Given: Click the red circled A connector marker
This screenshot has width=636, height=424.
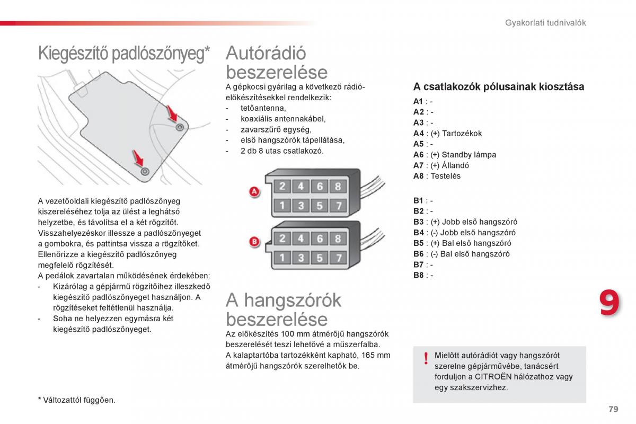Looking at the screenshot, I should [254, 192].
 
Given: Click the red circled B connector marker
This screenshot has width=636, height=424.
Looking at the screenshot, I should [254, 242].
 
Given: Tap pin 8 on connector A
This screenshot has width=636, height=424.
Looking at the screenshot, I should [338, 186].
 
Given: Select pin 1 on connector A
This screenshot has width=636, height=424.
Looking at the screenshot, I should [282, 205].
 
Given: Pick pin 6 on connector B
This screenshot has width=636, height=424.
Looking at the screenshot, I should [320, 238].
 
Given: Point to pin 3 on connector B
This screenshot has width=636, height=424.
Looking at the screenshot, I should [301, 258].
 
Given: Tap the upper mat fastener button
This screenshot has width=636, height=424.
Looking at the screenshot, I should [180, 127].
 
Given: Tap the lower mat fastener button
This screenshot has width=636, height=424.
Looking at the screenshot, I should [145, 171].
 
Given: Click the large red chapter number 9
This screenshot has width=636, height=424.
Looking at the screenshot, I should [609, 304].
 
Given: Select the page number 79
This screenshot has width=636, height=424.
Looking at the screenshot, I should [613, 409].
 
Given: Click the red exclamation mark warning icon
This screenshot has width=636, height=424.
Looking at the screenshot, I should [426, 360].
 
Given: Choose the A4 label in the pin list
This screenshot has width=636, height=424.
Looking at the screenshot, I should [419, 134].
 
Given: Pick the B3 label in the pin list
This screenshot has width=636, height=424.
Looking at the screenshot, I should [419, 222].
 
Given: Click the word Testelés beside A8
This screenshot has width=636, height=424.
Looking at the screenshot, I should [446, 176].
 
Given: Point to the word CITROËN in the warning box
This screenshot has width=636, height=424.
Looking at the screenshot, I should [493, 377].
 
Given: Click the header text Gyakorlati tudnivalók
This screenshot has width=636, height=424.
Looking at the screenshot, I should [545, 23].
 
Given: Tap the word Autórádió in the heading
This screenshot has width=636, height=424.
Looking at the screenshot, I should [266, 53].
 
